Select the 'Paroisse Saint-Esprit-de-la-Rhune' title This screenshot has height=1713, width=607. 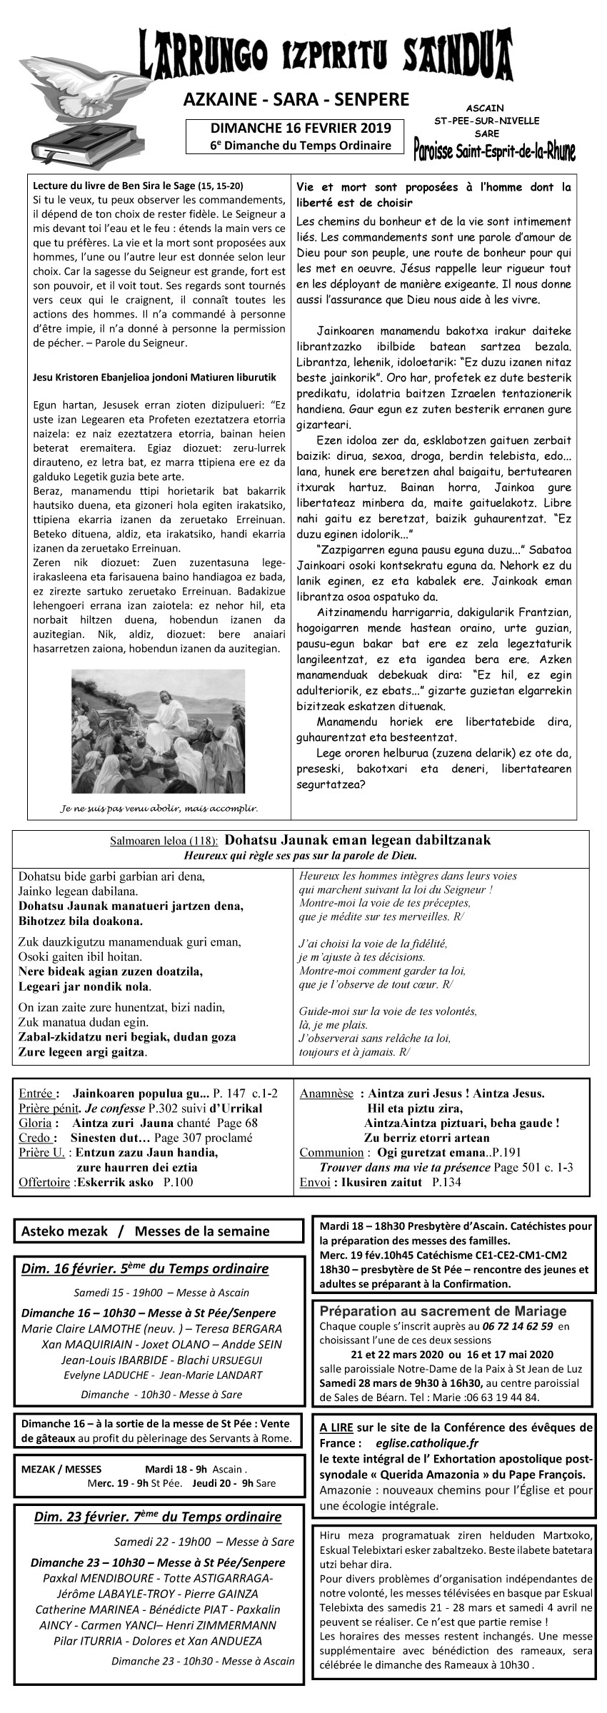coord(495,149)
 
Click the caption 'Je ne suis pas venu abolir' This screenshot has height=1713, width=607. coord(159,809)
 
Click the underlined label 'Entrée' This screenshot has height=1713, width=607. coord(36,1093)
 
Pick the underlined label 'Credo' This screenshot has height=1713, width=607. coord(34,1138)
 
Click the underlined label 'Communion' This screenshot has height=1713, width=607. coord(331,1152)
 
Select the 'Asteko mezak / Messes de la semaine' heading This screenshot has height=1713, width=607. coord(146,1231)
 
